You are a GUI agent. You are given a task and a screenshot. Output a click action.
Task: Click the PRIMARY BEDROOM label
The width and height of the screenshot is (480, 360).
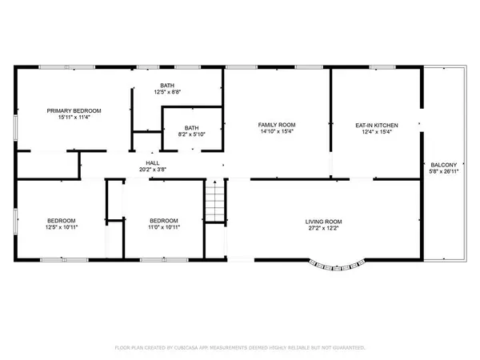click(x=74, y=110)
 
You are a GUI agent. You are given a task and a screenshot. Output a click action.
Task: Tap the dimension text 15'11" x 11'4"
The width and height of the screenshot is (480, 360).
click(x=74, y=117)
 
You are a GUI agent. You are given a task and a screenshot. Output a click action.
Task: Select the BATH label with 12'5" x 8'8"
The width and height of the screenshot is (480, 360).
click(x=167, y=86)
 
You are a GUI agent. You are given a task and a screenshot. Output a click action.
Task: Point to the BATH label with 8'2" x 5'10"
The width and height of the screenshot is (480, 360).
click(x=192, y=128)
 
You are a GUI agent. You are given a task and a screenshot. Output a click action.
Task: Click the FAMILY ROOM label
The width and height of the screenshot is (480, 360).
click(x=277, y=125)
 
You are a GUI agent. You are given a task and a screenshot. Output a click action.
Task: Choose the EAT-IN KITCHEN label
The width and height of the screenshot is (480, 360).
click(x=377, y=126)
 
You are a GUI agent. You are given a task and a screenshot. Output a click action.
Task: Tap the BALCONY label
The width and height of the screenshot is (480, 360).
click(x=444, y=165)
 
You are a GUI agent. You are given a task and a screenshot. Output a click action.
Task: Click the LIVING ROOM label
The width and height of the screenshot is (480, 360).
click(x=323, y=222)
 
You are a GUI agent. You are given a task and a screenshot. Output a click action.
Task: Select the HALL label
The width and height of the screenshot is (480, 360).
click(x=153, y=163)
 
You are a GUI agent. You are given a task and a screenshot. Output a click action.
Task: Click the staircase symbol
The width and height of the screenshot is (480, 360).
click(x=215, y=201)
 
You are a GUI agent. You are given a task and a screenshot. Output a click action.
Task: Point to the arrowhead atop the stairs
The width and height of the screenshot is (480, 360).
click(x=215, y=182)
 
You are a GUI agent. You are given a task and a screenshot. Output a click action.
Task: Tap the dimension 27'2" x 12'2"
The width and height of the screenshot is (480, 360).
click(x=323, y=228)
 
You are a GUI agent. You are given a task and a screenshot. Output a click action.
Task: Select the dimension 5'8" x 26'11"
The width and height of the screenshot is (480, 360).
click(x=444, y=171)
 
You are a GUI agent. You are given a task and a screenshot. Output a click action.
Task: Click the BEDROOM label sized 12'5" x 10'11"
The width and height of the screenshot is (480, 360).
click(x=62, y=221)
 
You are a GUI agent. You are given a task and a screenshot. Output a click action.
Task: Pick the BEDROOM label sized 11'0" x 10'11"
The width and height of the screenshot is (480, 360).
click(x=164, y=221)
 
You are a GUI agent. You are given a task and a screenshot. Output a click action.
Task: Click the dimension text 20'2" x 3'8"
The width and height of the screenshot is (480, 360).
click(x=153, y=170)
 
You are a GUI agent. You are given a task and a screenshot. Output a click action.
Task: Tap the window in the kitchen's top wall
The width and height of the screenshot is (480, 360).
click(x=382, y=67)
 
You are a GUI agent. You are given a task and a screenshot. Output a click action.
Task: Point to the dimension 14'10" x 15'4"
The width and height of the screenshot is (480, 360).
click(x=277, y=131)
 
